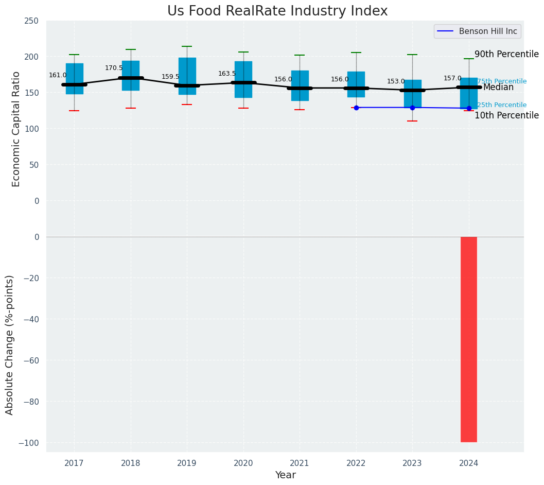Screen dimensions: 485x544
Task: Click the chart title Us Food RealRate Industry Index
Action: [x=277, y=11]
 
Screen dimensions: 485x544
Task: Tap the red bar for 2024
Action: [x=468, y=339]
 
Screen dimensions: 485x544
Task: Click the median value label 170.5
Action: [x=114, y=68]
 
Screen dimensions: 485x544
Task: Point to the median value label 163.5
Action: [x=227, y=74]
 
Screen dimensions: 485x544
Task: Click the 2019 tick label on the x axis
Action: [x=187, y=463]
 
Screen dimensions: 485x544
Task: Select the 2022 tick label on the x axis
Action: [x=356, y=463]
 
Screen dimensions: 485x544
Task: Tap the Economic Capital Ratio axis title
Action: [x=16, y=129]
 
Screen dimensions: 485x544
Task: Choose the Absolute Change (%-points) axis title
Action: [x=9, y=344]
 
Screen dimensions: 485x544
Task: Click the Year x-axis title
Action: [x=285, y=475]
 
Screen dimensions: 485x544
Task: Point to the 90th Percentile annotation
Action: [x=506, y=55]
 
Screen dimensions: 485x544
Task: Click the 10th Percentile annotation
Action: [x=506, y=115]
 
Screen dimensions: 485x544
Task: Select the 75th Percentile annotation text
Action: [x=502, y=81]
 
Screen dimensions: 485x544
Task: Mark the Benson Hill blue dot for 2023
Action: [x=412, y=108]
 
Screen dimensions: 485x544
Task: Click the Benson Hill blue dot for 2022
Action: [x=356, y=108]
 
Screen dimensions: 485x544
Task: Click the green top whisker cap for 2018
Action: [x=131, y=49]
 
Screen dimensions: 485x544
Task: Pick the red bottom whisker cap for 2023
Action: [x=412, y=121]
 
